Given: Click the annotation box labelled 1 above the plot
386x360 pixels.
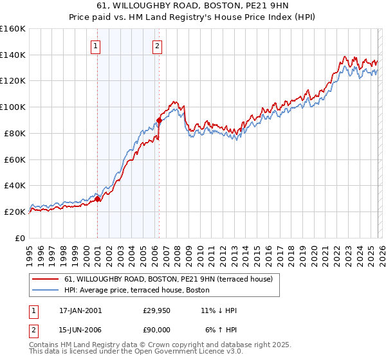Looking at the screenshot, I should [95, 46].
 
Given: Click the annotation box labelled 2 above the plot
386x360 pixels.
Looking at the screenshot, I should [157, 46].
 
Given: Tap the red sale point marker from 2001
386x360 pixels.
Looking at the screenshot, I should [98, 199].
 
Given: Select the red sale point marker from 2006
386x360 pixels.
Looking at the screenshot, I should [159, 120].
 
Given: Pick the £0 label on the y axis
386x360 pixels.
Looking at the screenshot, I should [19, 238].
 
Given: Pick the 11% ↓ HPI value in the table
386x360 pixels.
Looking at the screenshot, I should [219, 310].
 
